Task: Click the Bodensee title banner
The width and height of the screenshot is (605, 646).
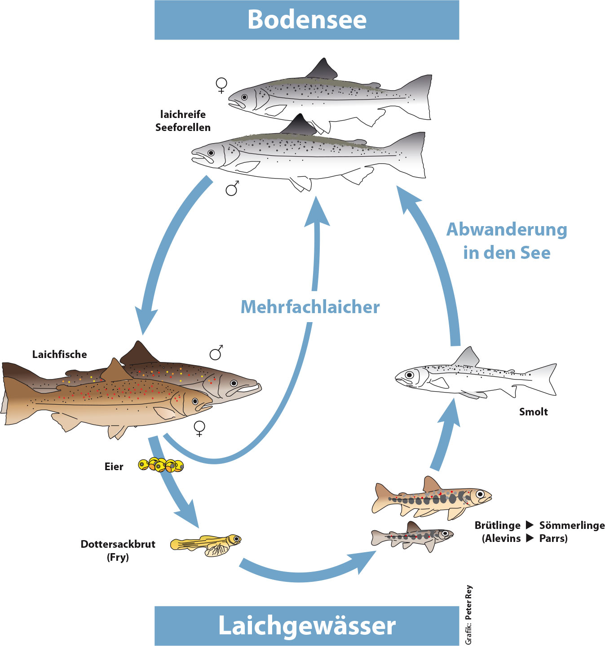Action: pos(307,20)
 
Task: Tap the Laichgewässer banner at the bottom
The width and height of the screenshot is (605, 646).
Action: pos(307,625)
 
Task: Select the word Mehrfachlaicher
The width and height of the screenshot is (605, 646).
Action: pos(310,307)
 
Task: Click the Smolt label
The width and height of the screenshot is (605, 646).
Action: pos(533,412)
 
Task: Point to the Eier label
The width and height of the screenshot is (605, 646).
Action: pos(114,467)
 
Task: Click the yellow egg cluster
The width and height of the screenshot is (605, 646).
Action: pos(161,465)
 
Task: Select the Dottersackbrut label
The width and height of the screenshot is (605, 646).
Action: pos(118,544)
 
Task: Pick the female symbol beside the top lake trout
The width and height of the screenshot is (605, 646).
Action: pos(221,85)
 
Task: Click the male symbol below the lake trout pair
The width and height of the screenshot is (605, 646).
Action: pos(232,189)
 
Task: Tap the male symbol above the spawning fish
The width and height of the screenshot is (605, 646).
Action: pos(216,353)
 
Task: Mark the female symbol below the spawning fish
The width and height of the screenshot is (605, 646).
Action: pos(199,428)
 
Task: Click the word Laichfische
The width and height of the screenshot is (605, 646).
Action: pos(59,354)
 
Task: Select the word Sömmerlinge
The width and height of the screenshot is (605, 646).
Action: pos(572,525)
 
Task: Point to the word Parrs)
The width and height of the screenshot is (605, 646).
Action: pos(553,538)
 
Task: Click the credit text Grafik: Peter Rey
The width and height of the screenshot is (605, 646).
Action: pos(468,615)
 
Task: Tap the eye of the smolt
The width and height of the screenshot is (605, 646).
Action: pos(409,375)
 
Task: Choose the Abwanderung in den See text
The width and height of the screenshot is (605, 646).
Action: pos(507,241)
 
